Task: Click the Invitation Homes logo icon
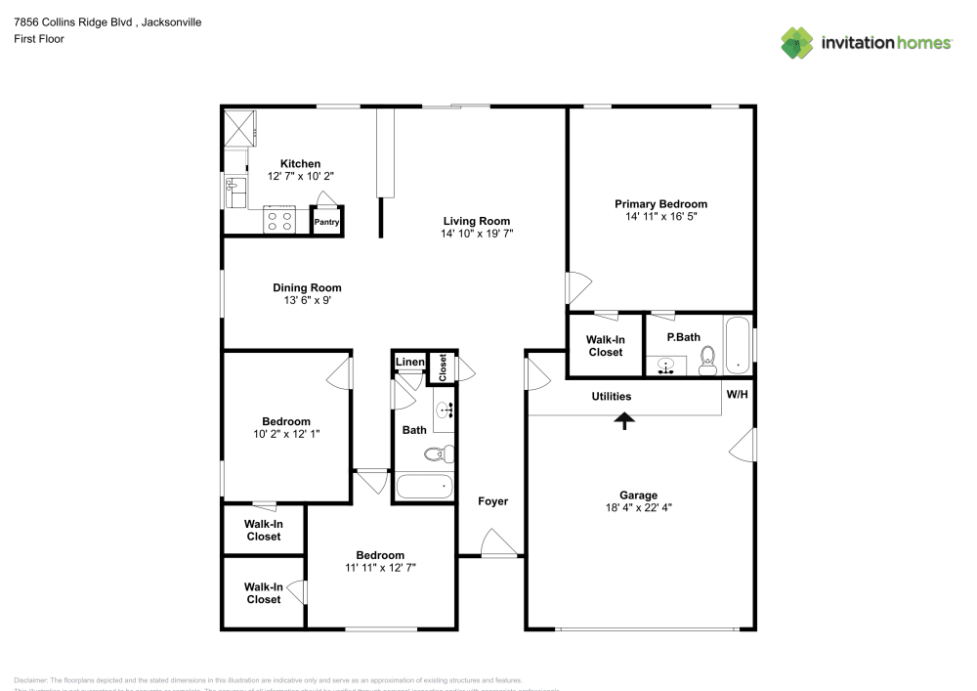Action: click(797, 42)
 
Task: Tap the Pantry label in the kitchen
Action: click(326, 223)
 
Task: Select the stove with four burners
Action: click(279, 222)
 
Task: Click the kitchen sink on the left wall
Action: click(234, 192)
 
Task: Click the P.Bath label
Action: click(683, 338)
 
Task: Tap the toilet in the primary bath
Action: click(708, 360)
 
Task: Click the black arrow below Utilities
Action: click(624, 419)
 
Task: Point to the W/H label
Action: click(737, 394)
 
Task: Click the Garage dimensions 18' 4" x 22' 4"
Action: click(638, 507)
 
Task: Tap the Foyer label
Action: click(492, 501)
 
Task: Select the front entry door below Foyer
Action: click(499, 545)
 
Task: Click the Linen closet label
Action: click(410, 363)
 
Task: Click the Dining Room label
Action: click(307, 287)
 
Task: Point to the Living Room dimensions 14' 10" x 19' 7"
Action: click(477, 234)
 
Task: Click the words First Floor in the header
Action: click(39, 39)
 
